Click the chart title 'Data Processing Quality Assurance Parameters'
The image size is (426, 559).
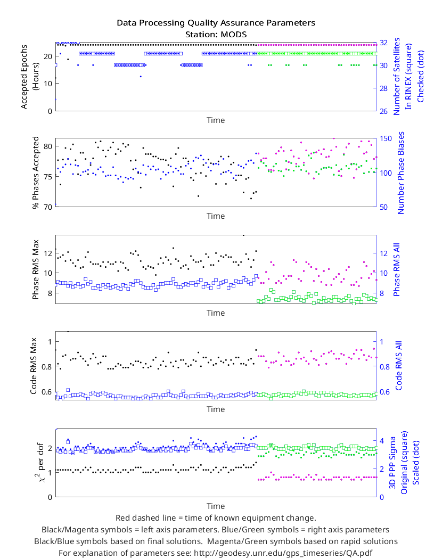pyautogui.click(x=216, y=23)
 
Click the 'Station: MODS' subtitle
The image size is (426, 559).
pyautogui.click(x=216, y=35)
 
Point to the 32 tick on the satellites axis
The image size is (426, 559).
pyautogui.click(x=383, y=43)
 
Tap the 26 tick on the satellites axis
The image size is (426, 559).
pyautogui.click(x=383, y=111)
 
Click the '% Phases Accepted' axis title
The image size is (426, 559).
pyautogui.click(x=35, y=172)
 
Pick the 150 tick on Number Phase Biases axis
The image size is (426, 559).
pyautogui.click(x=386, y=138)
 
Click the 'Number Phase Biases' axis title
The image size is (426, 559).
pyautogui.click(x=400, y=173)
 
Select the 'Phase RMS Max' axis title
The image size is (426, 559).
pyautogui.click(x=35, y=270)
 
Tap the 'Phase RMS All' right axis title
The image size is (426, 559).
pyautogui.click(x=396, y=270)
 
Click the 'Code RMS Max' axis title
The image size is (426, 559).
pyautogui.click(x=34, y=366)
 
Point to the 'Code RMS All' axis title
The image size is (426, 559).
pyautogui.click(x=398, y=366)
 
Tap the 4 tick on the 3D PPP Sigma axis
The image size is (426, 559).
pyautogui.click(x=382, y=441)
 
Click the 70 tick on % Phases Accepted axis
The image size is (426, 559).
pyautogui.click(x=48, y=207)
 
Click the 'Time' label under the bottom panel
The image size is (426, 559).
pyautogui.click(x=216, y=506)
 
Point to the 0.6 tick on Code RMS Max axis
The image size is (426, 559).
pyautogui.click(x=47, y=392)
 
